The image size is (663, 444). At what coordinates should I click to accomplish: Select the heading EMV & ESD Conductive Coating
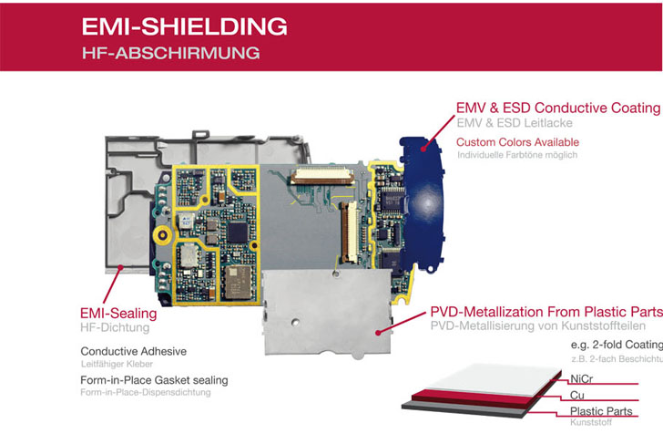pos(558,108)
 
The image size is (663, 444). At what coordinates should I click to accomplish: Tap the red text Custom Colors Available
pos(517,142)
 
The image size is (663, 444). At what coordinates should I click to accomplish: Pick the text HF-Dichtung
pos(114,326)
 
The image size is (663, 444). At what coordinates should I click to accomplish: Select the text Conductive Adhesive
pos(134,351)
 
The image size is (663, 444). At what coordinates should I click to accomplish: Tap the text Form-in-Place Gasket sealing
pos(154,380)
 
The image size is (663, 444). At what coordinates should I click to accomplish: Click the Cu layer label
pos(577,396)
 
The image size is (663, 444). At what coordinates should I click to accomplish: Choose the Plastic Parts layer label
pos(601,412)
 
